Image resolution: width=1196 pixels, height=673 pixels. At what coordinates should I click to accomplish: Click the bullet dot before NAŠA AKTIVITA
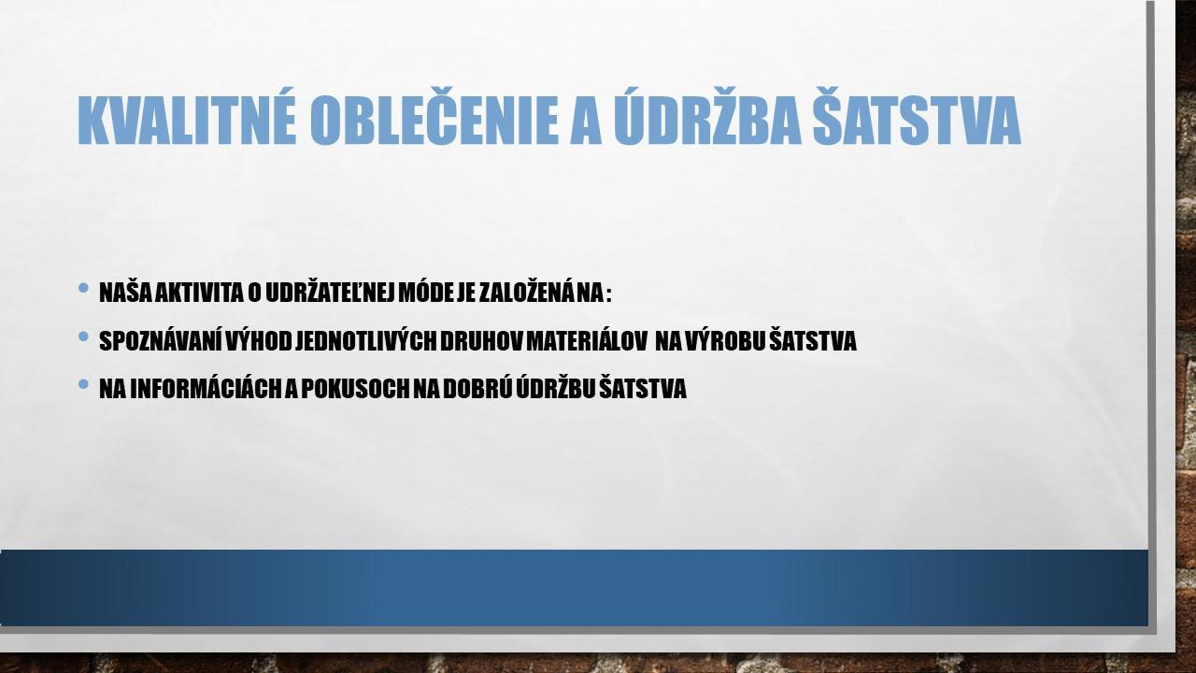tap(83, 288)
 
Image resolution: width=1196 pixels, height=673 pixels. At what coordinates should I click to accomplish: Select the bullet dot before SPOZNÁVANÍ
tap(83, 336)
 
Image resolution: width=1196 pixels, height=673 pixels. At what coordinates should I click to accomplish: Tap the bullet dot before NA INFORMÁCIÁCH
tap(83, 384)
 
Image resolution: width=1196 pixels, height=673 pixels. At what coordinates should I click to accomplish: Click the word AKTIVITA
tap(199, 293)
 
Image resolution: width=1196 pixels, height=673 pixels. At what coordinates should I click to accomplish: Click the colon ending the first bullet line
tap(608, 294)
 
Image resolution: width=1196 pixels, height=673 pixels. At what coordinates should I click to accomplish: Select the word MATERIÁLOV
tap(587, 340)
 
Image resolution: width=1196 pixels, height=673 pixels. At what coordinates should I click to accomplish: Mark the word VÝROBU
tap(725, 340)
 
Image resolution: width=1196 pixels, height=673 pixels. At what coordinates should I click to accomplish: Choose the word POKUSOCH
tap(355, 388)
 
